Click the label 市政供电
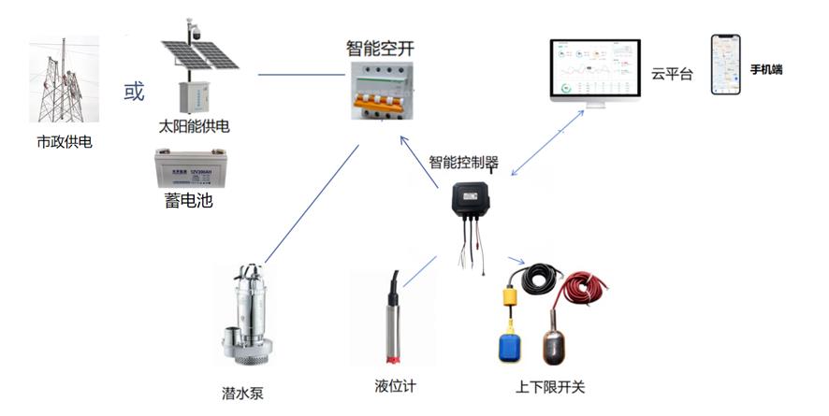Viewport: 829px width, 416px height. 65,143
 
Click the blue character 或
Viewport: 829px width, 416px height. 135,93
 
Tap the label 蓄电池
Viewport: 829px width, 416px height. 190,200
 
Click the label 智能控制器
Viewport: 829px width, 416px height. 464,162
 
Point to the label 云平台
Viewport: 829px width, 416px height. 672,74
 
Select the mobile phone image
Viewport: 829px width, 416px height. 726,65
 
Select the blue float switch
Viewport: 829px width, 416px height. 515,343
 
